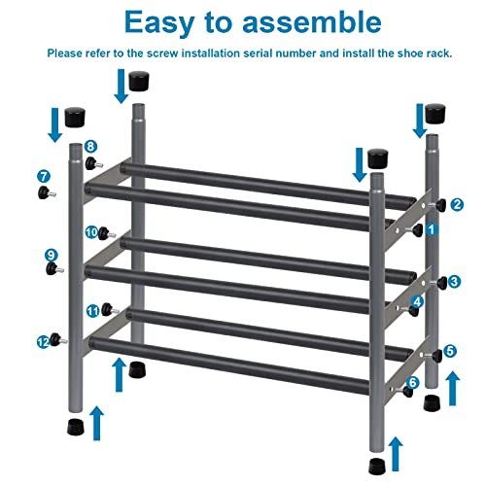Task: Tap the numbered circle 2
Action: point(457,204)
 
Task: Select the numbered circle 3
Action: point(455,282)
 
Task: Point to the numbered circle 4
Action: point(417,302)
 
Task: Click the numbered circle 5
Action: point(450,351)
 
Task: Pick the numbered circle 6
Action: point(412,383)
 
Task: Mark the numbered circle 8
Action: point(90,147)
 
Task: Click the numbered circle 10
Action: point(92,232)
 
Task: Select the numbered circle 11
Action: point(93,311)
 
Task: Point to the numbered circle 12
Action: point(43,341)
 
